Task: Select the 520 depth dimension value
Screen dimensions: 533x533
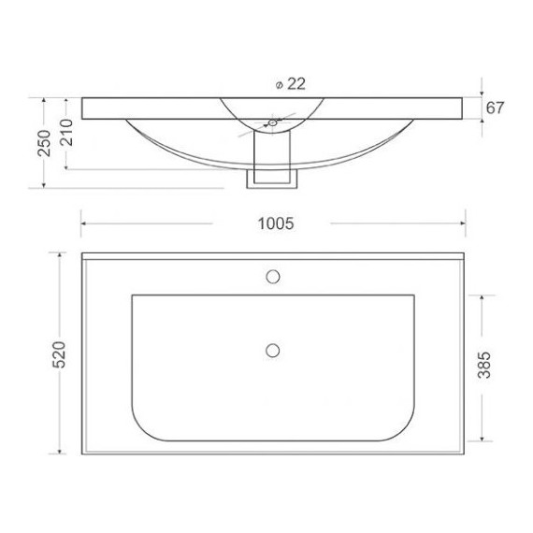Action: [57, 354]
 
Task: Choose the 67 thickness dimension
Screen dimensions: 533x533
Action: [495, 108]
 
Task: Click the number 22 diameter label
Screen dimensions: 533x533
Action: [295, 83]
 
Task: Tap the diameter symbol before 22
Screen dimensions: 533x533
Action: [280, 84]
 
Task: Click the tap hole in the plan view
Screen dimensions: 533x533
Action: [273, 276]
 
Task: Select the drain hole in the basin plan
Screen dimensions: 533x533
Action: [273, 350]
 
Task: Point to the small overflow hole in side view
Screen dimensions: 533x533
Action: [272, 122]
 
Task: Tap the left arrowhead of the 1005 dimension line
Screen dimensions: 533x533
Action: [83, 223]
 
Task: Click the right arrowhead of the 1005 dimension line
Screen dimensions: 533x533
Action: [464, 223]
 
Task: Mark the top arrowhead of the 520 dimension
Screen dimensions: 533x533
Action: [60, 254]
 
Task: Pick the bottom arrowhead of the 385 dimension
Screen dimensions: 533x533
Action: [482, 439]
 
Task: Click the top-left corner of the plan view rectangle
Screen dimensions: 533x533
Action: [82, 252]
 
